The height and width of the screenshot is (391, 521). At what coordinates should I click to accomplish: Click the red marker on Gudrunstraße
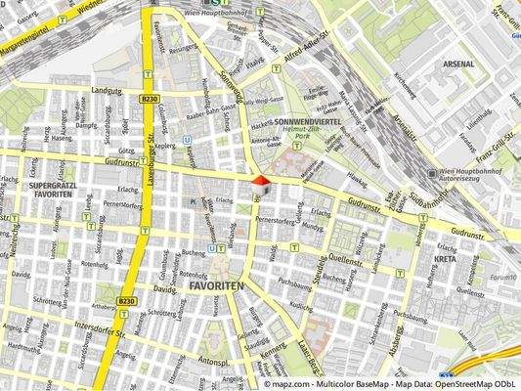259,180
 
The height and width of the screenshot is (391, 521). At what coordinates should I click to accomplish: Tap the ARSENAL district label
458,64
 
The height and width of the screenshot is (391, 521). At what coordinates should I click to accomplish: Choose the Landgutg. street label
107,89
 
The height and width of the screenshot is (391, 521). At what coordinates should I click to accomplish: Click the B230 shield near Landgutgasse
149,100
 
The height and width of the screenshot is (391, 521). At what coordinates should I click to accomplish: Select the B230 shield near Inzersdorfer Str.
124,301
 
